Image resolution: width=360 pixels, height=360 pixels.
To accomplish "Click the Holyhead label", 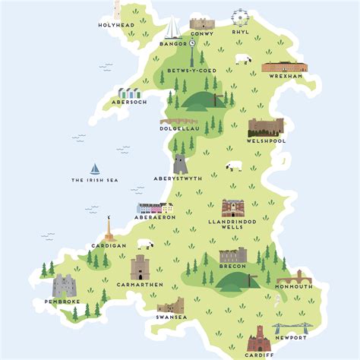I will pyautogui.click(x=116, y=25).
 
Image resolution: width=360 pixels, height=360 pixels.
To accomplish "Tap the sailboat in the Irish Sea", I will pyautogui.click(x=96, y=169).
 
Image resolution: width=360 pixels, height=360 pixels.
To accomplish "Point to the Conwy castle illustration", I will pyautogui.click(x=202, y=23).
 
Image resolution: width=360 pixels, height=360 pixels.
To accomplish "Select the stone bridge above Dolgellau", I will pyautogui.click(x=178, y=120).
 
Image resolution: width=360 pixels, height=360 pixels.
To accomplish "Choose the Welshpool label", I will pyautogui.click(x=265, y=141).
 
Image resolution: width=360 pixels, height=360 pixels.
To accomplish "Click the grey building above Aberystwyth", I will pyautogui.click(x=180, y=164).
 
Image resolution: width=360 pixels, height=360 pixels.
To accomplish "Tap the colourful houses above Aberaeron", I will pyautogui.click(x=155, y=207).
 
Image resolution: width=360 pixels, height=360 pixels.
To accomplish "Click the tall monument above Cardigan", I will pyautogui.click(x=109, y=226).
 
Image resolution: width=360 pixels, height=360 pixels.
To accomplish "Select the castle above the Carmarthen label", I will pyautogui.click(x=141, y=267).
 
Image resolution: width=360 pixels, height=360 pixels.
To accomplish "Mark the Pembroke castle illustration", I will pyautogui.click(x=64, y=286).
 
